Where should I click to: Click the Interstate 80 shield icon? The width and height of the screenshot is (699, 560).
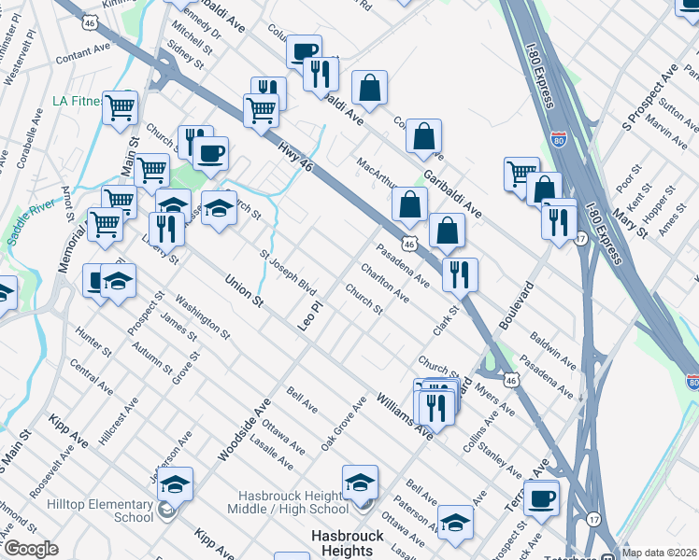tap(558, 141)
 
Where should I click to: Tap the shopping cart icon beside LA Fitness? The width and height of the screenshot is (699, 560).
tap(121, 107)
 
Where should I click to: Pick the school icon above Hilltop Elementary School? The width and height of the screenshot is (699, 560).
tap(175, 483)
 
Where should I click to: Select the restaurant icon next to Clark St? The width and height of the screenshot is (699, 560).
tap(459, 273)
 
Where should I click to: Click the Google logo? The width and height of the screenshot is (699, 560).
tap(31, 550)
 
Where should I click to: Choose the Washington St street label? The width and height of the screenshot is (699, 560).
tap(201, 317)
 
